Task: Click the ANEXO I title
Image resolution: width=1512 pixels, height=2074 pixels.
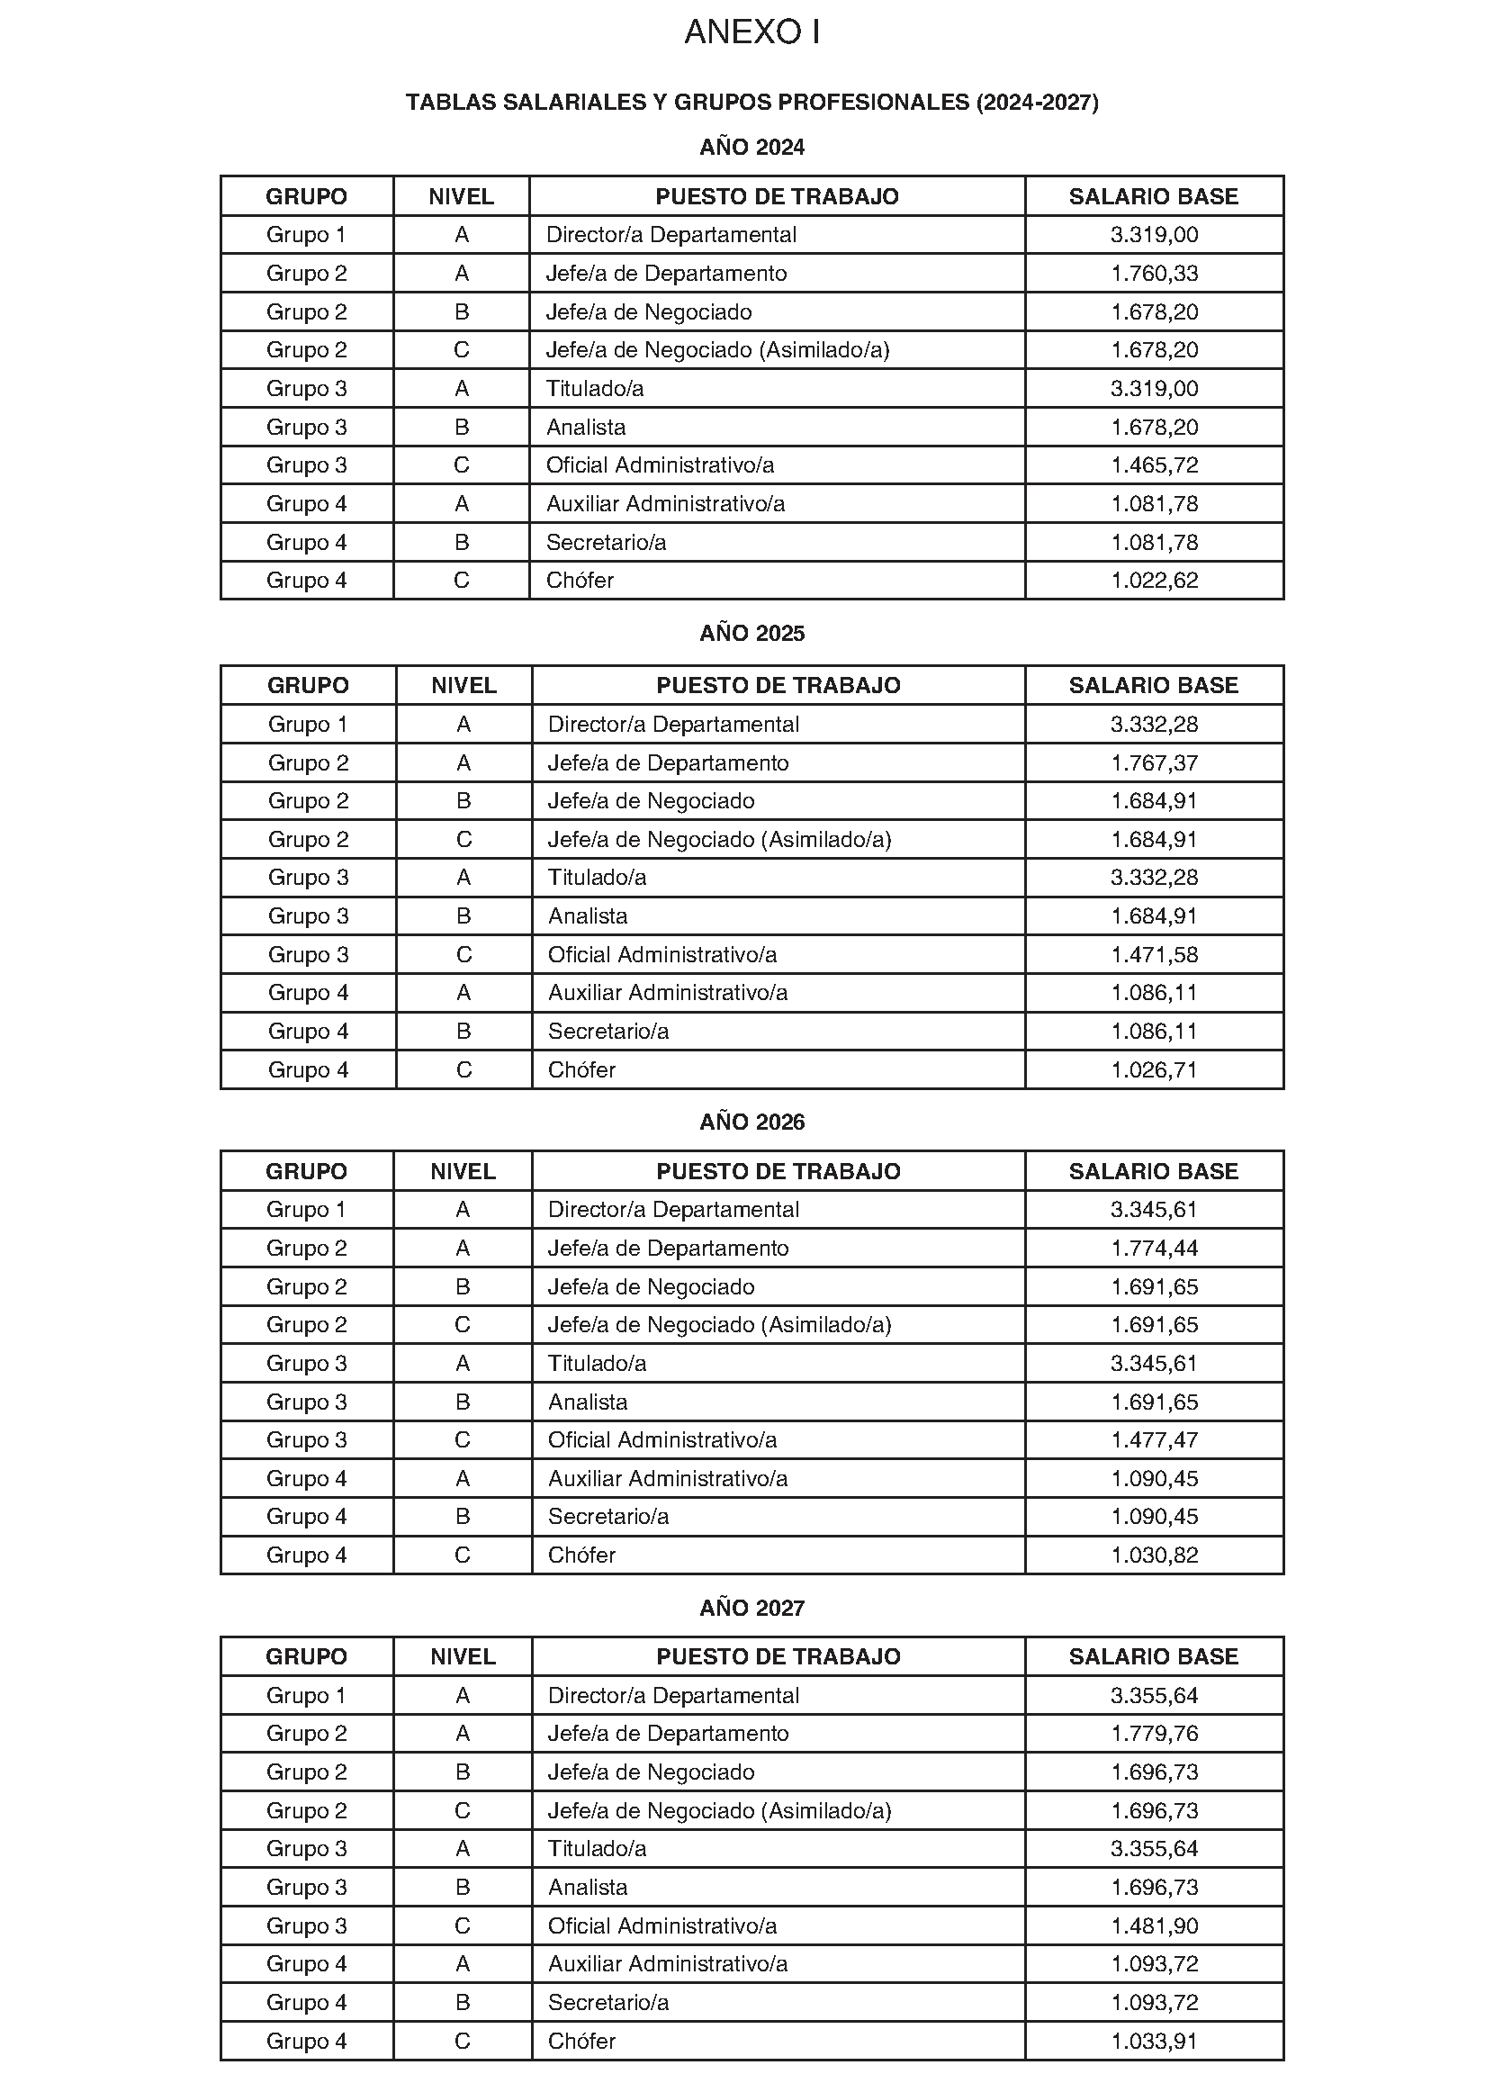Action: [751, 33]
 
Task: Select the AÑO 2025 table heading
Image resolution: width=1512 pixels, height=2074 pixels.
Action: [751, 634]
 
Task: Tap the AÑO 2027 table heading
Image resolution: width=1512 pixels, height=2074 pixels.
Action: [751, 1608]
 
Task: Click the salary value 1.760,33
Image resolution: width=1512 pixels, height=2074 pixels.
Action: [1154, 274]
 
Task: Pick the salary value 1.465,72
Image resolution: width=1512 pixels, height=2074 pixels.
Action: [1154, 465]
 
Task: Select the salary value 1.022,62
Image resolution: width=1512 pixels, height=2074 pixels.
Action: [1154, 581]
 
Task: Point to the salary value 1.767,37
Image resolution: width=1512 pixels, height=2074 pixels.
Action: [1154, 763]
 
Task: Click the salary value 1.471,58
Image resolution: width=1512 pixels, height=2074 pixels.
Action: [1154, 954]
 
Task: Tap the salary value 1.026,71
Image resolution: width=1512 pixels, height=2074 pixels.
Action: [1154, 1070]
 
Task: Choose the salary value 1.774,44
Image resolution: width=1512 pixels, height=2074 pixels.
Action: [1154, 1249]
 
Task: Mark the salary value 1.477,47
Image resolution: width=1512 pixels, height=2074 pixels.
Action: [1154, 1439]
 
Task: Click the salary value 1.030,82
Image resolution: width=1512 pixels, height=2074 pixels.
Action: [1154, 1555]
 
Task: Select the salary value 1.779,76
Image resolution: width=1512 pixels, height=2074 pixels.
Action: [1154, 1734]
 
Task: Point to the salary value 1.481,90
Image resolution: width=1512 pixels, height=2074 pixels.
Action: [1154, 1925]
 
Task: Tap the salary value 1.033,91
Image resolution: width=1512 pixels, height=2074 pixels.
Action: [1154, 2041]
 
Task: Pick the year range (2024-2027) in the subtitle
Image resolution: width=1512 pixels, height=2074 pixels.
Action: [1037, 103]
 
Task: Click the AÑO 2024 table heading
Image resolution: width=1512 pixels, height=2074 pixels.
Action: [751, 148]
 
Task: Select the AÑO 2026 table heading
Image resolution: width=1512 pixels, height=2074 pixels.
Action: [751, 1123]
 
